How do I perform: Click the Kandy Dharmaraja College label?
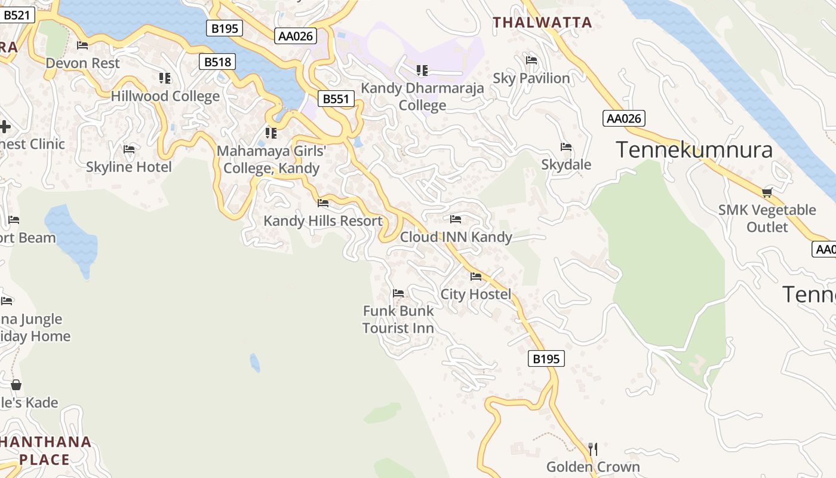tap(422, 97)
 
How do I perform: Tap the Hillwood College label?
tap(165, 96)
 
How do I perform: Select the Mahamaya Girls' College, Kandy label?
tap(272, 160)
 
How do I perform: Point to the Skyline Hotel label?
tap(128, 167)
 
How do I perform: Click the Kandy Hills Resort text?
tap(323, 220)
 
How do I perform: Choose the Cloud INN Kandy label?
tap(456, 237)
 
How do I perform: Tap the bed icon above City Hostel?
tap(476, 277)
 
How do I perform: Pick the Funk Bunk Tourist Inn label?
tap(398, 319)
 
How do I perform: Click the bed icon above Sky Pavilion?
tap(531, 60)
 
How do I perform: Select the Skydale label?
tap(566, 164)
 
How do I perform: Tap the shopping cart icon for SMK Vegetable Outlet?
tap(767, 192)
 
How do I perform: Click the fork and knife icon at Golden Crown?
tap(593, 449)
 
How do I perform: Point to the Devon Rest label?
tap(82, 63)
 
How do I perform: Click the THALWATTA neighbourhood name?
tap(542, 23)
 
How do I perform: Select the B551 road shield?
tap(336, 99)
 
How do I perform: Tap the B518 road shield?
tap(217, 62)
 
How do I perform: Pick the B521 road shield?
tap(16, 15)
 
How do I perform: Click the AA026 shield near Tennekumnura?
tap(624, 118)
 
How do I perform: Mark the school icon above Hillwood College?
tap(165, 78)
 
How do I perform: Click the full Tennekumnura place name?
tap(694, 149)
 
